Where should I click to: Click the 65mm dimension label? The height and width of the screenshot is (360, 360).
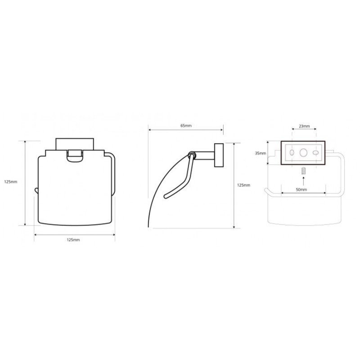tap(186, 126)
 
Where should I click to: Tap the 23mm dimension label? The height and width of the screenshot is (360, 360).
tap(304, 126)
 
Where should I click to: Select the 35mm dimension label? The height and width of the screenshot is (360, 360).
tap(261, 153)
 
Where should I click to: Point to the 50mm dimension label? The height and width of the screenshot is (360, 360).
tap(301, 189)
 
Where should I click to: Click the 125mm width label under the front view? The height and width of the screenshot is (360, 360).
tap(73, 240)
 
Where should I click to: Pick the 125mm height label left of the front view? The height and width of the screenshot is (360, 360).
tap(11, 182)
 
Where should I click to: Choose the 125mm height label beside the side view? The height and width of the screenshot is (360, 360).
tap(243, 185)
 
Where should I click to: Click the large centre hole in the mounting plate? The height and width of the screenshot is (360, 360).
tap(303, 153)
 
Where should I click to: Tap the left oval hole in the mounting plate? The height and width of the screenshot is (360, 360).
tap(292, 153)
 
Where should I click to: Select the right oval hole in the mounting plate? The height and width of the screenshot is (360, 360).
tap(316, 153)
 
